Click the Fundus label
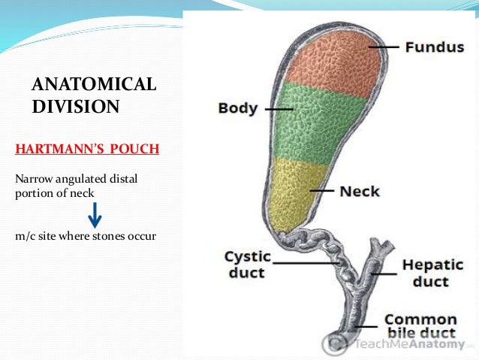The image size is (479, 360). click(434, 47)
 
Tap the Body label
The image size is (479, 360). click(237, 108)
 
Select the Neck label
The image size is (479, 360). click(360, 191)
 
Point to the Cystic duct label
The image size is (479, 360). click(248, 265)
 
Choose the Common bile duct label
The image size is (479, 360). click(421, 327)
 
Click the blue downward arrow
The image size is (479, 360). click(94, 216)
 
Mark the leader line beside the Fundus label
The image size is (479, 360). click(382, 47)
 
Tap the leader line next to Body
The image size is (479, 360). click(279, 108)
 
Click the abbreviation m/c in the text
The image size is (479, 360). click(25, 236)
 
